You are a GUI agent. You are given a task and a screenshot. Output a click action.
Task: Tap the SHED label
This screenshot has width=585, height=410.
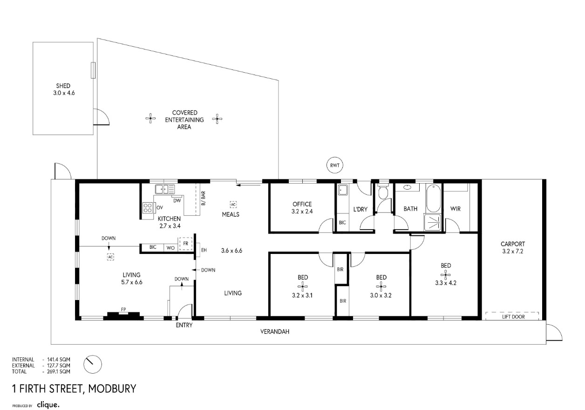click(63, 86)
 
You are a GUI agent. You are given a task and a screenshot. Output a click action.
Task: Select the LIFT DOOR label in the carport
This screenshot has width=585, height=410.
click(513, 317)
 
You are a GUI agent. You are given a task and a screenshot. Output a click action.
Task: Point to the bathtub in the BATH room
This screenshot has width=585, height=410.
click(434, 198)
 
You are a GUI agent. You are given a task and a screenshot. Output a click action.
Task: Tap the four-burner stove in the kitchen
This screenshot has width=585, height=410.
click(148, 208)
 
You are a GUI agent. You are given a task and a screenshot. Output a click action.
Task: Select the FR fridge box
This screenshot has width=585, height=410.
click(185, 244)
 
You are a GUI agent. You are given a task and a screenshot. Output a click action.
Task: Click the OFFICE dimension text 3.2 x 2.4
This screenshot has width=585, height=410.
click(302, 212)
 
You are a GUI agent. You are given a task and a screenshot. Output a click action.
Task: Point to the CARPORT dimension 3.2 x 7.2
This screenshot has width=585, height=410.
click(512, 252)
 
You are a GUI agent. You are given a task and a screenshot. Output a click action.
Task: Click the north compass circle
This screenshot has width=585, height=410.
click(93, 364)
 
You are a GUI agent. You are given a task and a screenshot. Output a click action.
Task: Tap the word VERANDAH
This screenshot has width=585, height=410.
click(275, 332)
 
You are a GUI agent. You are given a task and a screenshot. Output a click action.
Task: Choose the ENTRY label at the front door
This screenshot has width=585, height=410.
click(184, 325)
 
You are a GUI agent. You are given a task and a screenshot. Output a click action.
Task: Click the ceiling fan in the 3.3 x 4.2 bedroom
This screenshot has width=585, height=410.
click(446, 274)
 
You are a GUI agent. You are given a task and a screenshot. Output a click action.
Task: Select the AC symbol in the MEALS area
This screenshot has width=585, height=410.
click(233, 205)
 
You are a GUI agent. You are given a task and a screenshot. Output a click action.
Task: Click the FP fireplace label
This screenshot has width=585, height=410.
click(123, 309)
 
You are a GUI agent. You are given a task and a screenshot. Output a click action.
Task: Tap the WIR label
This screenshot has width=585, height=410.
click(455, 209)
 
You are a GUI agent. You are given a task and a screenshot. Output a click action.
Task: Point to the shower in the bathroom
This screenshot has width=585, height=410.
click(433, 222)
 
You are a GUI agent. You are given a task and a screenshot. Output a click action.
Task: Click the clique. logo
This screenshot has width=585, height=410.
click(48, 405)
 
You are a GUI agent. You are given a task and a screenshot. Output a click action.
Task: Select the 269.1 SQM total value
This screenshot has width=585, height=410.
click(59, 372)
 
